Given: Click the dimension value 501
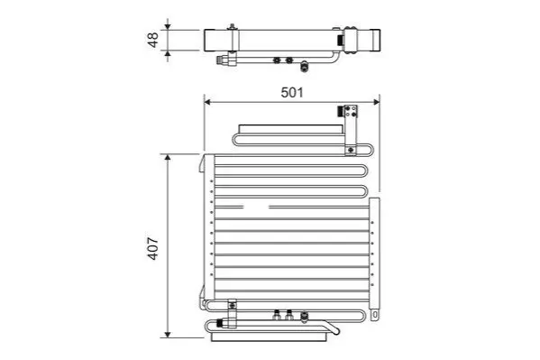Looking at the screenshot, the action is click(x=292, y=92).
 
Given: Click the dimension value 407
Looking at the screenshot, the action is click(x=152, y=248).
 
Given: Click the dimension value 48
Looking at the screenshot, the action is click(x=152, y=40).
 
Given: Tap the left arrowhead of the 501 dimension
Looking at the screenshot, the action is click(x=207, y=102).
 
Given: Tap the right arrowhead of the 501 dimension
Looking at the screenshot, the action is click(x=376, y=102).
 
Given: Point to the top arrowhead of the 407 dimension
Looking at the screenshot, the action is click(x=168, y=158).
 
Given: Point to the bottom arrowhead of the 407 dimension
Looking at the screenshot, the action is click(x=168, y=334).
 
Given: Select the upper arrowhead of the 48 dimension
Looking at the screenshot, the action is click(x=168, y=26).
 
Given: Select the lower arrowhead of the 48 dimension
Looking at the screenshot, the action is click(x=168, y=54).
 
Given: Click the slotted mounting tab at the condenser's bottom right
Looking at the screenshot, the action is click(x=375, y=315).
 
